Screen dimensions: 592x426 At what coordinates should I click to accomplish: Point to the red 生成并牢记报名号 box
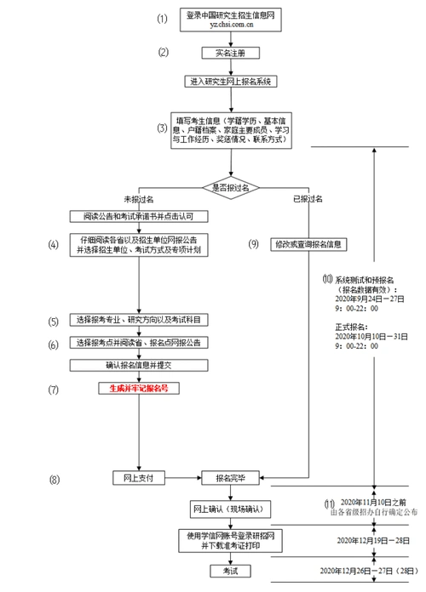[x=139, y=388]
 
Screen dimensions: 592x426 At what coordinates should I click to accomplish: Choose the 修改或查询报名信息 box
[x=308, y=244]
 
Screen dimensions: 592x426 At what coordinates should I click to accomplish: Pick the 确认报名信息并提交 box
[x=139, y=364]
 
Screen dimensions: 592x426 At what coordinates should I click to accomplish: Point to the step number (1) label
[x=163, y=19]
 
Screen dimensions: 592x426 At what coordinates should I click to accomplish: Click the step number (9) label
[x=253, y=244]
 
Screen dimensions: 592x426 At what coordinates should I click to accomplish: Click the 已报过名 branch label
[x=308, y=198]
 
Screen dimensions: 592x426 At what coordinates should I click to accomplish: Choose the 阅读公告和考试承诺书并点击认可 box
[x=139, y=217]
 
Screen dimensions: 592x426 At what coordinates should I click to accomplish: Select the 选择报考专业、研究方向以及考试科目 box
[x=139, y=321]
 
